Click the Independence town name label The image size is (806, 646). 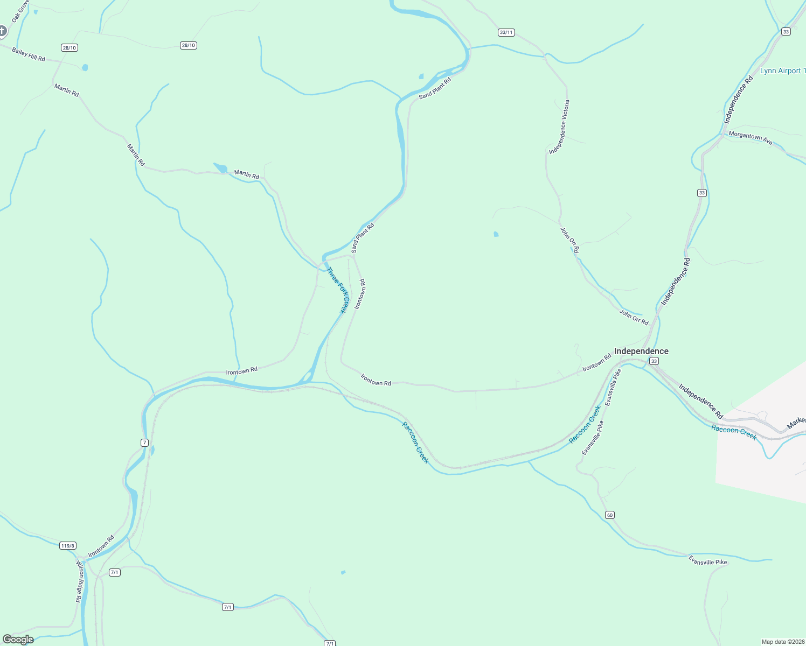coord(641,351)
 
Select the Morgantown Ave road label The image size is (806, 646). coord(751,138)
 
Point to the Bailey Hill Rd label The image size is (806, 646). coord(29,54)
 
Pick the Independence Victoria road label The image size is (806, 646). coord(559,127)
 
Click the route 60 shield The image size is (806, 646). coord(609,515)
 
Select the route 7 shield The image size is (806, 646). coord(144,443)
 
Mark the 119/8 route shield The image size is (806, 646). coord(67,546)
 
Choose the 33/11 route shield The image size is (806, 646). coord(506,32)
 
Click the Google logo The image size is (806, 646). coord(18,640)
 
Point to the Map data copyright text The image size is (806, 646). coord(783,642)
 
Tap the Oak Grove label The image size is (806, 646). coord(20,11)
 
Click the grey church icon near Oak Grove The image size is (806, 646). coord(2,31)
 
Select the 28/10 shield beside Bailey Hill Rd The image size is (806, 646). coord(70,48)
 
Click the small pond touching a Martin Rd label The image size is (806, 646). coord(221,168)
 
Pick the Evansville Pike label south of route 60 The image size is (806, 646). coord(707,561)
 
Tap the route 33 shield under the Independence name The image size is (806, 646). coord(654,361)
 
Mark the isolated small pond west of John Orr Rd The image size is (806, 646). coord(496,234)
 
